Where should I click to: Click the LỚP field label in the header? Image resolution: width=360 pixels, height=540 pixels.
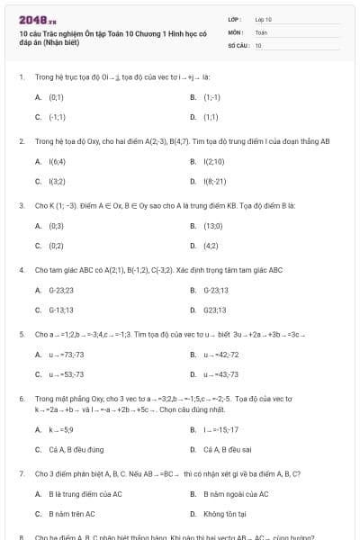[234, 19]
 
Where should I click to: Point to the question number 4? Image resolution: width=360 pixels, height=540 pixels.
[21, 269]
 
